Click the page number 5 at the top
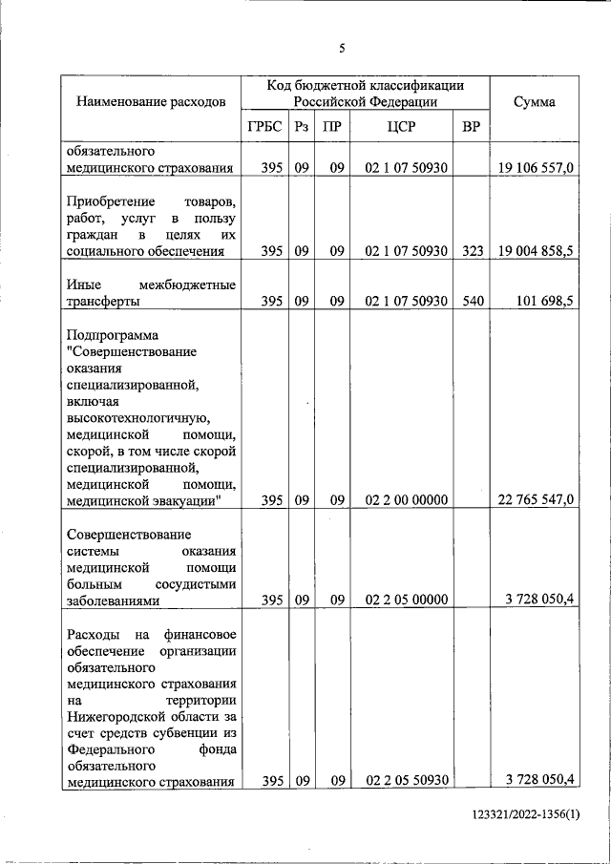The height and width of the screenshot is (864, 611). click(342, 48)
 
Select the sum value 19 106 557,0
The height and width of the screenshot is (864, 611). click(536, 168)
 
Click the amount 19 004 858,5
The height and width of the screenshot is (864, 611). click(536, 251)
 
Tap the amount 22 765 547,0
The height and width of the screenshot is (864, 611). click(536, 499)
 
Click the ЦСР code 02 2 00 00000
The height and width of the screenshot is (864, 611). click(406, 499)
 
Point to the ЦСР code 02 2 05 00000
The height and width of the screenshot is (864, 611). click(406, 600)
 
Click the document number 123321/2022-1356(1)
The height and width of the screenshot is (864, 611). click(526, 813)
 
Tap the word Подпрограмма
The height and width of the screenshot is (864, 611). click(114, 335)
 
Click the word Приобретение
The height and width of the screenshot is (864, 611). click(112, 202)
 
